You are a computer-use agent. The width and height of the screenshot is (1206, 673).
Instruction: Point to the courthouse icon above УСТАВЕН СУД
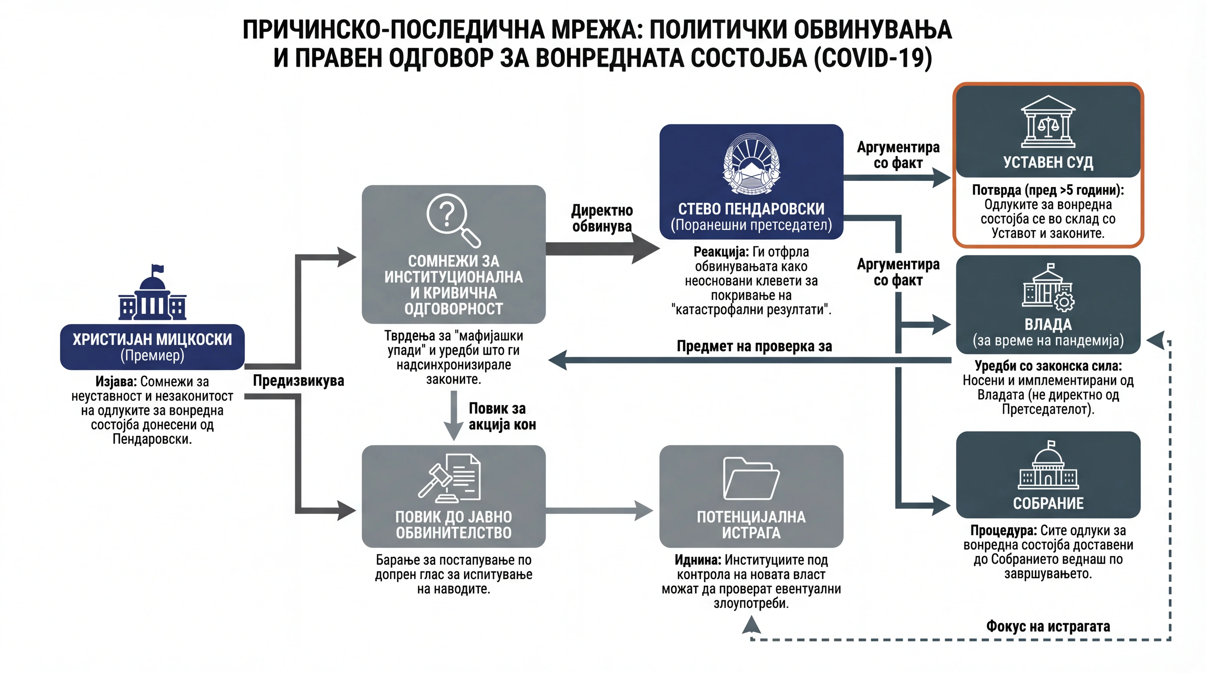1048,122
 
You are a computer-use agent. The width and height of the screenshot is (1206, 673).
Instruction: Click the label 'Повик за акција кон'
502,416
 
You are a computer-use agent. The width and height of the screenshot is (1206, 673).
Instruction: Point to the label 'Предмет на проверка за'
754,346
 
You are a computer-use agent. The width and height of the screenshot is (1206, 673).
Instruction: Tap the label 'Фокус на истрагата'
1048,626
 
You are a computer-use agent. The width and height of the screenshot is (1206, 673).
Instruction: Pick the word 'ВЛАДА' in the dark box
1048,324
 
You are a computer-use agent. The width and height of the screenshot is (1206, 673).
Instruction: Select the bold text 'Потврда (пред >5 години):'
1048,190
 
